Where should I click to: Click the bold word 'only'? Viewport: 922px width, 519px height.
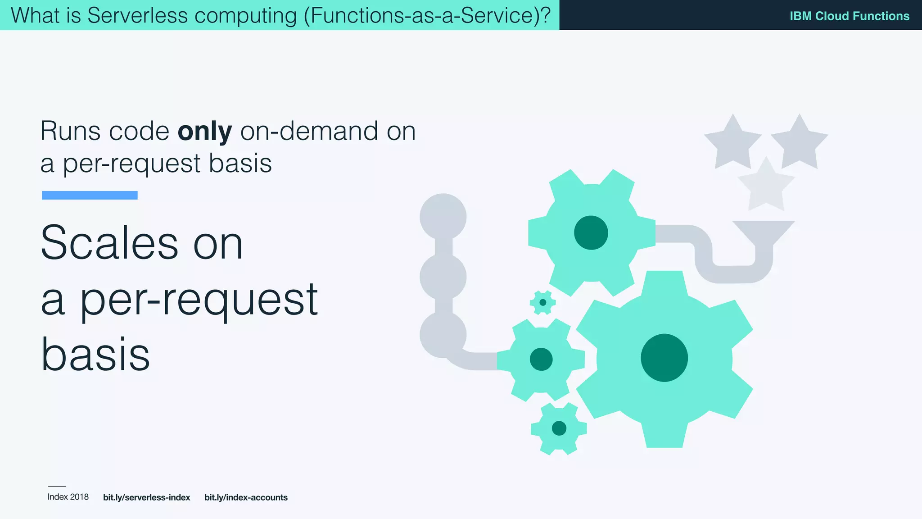point(205,132)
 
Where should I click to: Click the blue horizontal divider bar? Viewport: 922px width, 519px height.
point(90,195)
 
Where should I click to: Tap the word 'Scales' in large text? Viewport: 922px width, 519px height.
point(109,243)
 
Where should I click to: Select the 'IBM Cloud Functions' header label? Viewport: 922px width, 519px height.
point(849,16)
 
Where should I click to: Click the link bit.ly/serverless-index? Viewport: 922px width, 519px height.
point(146,497)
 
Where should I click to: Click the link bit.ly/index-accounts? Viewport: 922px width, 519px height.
point(246,497)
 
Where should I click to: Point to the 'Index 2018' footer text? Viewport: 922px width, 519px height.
point(68,497)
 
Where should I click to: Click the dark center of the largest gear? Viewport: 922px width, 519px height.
point(664,358)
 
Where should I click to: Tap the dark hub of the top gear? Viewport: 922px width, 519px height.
point(591,232)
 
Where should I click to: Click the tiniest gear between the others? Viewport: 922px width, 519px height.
point(542,302)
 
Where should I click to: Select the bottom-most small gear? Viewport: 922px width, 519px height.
point(559,428)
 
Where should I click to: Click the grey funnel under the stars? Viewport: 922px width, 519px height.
point(764,232)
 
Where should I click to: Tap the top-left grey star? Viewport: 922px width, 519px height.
point(732,143)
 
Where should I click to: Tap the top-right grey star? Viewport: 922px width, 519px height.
point(799,143)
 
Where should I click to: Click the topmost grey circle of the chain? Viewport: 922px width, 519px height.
point(443,217)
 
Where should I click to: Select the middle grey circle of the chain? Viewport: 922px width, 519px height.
point(443,277)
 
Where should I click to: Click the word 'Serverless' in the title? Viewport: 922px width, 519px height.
point(137,15)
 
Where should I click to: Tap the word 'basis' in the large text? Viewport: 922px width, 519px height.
point(95,355)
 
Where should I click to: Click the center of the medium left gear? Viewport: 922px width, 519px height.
point(541,359)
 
